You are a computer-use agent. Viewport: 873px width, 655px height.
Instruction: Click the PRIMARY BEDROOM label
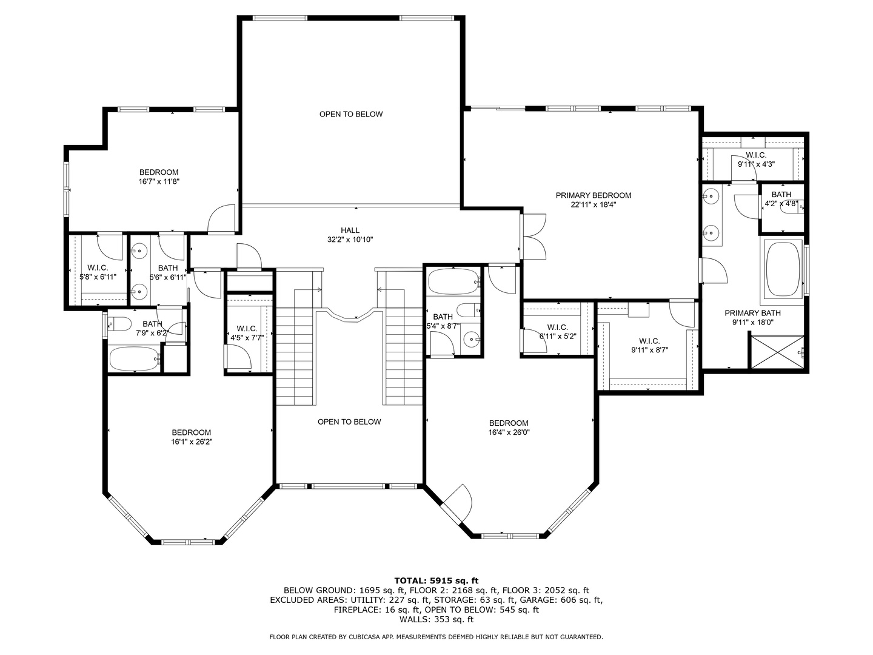pyautogui.click(x=593, y=195)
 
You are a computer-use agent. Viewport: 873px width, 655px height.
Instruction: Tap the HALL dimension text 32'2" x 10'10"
pyautogui.click(x=350, y=240)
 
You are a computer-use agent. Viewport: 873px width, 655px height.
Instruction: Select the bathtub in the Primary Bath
pyautogui.click(x=783, y=268)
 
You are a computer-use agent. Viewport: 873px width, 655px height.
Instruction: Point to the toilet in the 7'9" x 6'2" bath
pyautogui.click(x=119, y=324)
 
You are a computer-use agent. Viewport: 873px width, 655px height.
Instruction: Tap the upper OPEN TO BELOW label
pyautogui.click(x=351, y=114)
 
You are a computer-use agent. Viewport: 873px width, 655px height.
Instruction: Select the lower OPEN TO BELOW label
pyautogui.click(x=349, y=422)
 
